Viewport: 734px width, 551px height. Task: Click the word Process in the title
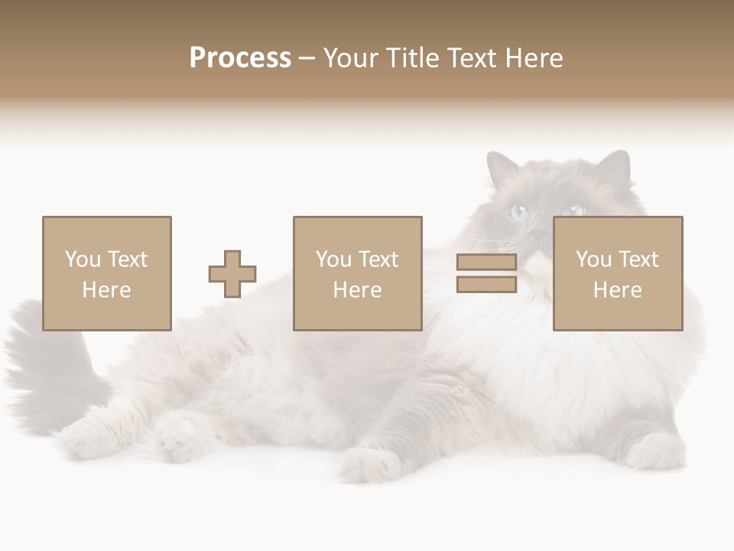(x=240, y=58)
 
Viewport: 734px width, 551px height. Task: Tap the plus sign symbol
(x=232, y=274)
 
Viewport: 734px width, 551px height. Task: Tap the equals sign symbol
(x=486, y=273)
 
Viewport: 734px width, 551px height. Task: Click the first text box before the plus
(x=107, y=273)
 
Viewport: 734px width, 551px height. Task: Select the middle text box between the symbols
(x=357, y=273)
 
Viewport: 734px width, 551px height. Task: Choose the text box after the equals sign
(x=618, y=273)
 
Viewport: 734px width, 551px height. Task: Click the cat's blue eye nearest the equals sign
(x=519, y=212)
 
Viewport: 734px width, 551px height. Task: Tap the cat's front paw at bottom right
(x=650, y=452)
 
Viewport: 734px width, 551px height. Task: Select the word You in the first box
(x=83, y=259)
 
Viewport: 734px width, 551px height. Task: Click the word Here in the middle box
(x=357, y=290)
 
